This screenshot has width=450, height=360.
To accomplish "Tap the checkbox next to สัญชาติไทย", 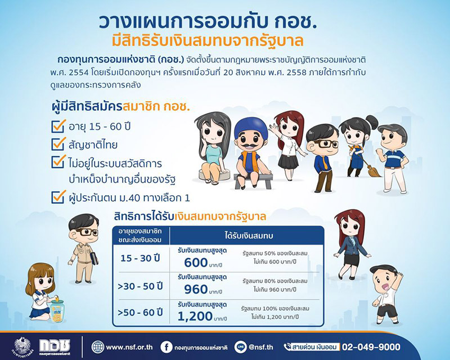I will tap(58, 144).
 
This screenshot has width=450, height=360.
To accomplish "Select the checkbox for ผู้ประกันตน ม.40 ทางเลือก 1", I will tap(58, 197).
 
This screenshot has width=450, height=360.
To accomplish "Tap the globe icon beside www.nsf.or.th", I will tap(98, 346).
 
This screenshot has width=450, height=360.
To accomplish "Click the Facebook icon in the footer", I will tap(166, 346).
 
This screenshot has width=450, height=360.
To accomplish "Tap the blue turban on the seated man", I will tap(250, 128).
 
